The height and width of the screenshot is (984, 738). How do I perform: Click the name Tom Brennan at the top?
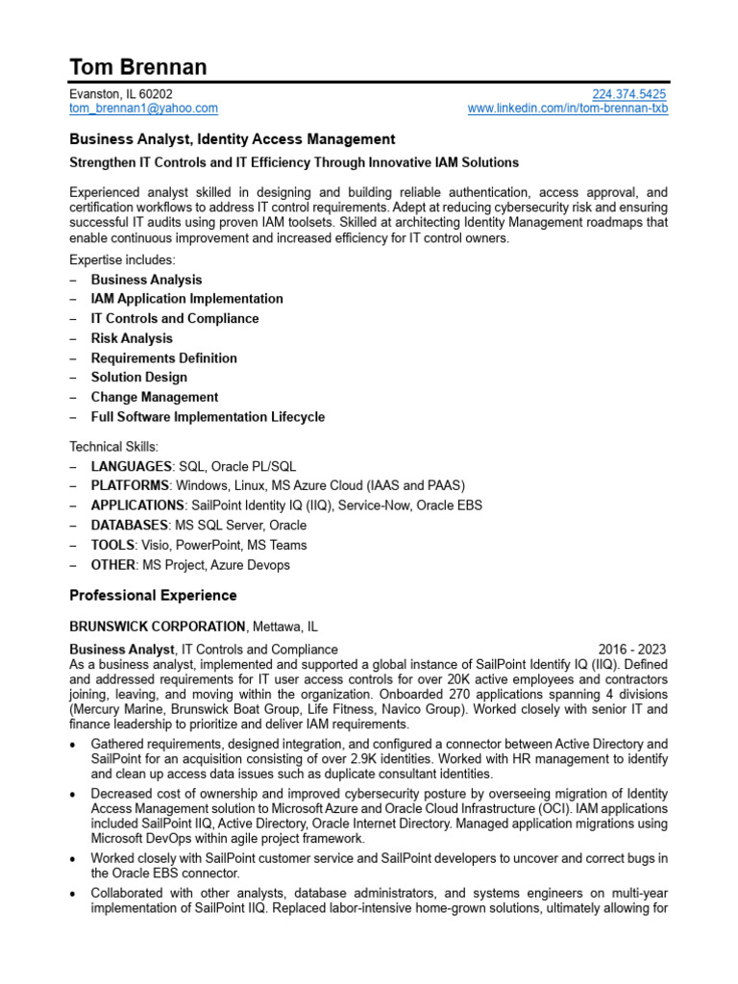point(137,66)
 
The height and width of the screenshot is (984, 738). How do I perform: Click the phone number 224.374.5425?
point(628,94)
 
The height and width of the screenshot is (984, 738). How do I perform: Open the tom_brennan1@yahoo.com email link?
point(143,109)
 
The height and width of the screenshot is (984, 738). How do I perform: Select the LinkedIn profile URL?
point(567,109)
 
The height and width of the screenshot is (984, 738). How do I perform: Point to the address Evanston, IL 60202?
point(121,94)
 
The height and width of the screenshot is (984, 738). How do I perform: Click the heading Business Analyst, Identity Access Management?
point(232,139)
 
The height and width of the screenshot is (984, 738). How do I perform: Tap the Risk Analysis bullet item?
point(132,338)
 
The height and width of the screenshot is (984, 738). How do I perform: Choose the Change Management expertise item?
point(154,397)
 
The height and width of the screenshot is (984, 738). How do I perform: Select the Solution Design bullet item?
point(138,378)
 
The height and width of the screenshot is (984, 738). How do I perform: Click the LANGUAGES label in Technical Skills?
point(131,466)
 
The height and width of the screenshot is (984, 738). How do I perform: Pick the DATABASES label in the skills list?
point(130,526)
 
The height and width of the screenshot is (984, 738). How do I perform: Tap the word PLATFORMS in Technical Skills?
point(130,485)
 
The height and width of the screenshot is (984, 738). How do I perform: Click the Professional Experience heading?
point(153,596)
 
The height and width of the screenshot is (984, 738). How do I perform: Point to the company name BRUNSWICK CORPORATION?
point(158,627)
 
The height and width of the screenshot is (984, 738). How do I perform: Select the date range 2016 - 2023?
point(631,650)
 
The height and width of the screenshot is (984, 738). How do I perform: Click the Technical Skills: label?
point(112,447)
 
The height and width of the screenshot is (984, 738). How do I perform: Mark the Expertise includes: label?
point(122,260)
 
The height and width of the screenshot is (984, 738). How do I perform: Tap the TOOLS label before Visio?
point(112,545)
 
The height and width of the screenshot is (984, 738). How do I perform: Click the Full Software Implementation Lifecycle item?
point(208,417)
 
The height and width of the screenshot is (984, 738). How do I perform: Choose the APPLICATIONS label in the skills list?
point(137,505)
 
